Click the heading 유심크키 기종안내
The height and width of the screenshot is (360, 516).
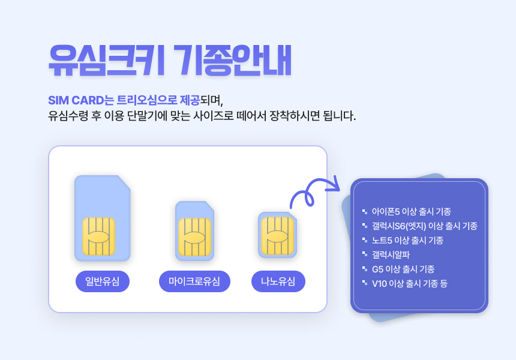point(170,60)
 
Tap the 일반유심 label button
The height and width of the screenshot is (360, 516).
point(103,281)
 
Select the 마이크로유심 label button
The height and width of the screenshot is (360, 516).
point(194,281)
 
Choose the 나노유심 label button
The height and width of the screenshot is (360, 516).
point(278,281)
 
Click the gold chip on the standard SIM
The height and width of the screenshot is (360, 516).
point(98,236)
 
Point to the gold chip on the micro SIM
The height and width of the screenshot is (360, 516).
point(194,237)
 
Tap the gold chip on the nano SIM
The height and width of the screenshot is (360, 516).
point(277,236)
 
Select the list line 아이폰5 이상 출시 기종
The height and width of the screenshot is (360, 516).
point(412,212)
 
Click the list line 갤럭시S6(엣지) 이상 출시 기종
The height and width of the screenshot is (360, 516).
point(425,226)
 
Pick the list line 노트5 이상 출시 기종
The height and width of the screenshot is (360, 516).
point(408,240)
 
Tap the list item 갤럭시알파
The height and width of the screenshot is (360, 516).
point(391,254)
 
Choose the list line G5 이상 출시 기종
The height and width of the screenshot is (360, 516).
point(403,269)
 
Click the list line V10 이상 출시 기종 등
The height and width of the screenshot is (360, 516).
point(410,283)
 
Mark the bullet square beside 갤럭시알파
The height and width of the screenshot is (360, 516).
point(365,254)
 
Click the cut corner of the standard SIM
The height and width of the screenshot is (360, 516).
point(124,182)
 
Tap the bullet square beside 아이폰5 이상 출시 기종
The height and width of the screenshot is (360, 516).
point(365,211)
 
